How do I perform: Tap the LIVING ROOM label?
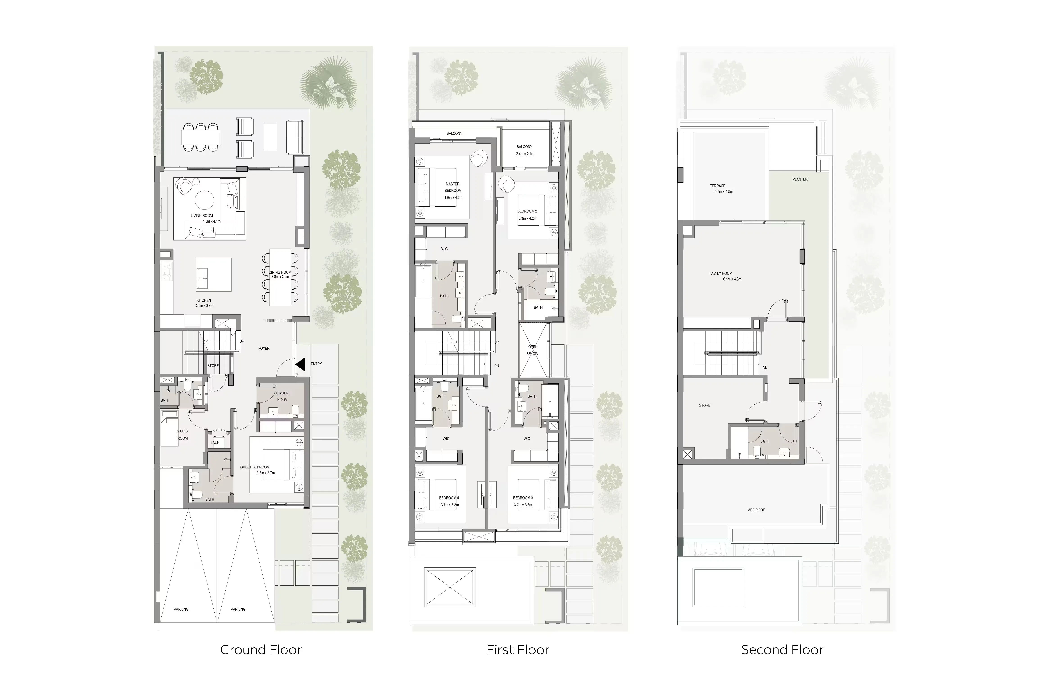tap(202, 216)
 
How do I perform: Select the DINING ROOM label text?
tap(280, 272)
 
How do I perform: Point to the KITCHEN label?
tap(204, 300)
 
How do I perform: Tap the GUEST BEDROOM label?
tap(255, 467)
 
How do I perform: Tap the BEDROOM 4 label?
tap(449, 498)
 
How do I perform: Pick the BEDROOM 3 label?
tap(523, 498)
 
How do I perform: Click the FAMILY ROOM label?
tap(721, 273)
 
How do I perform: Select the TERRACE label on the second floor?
tap(717, 186)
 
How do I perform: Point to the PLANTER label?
tap(800, 179)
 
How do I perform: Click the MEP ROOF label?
tap(756, 510)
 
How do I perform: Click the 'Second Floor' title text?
tap(782, 650)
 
